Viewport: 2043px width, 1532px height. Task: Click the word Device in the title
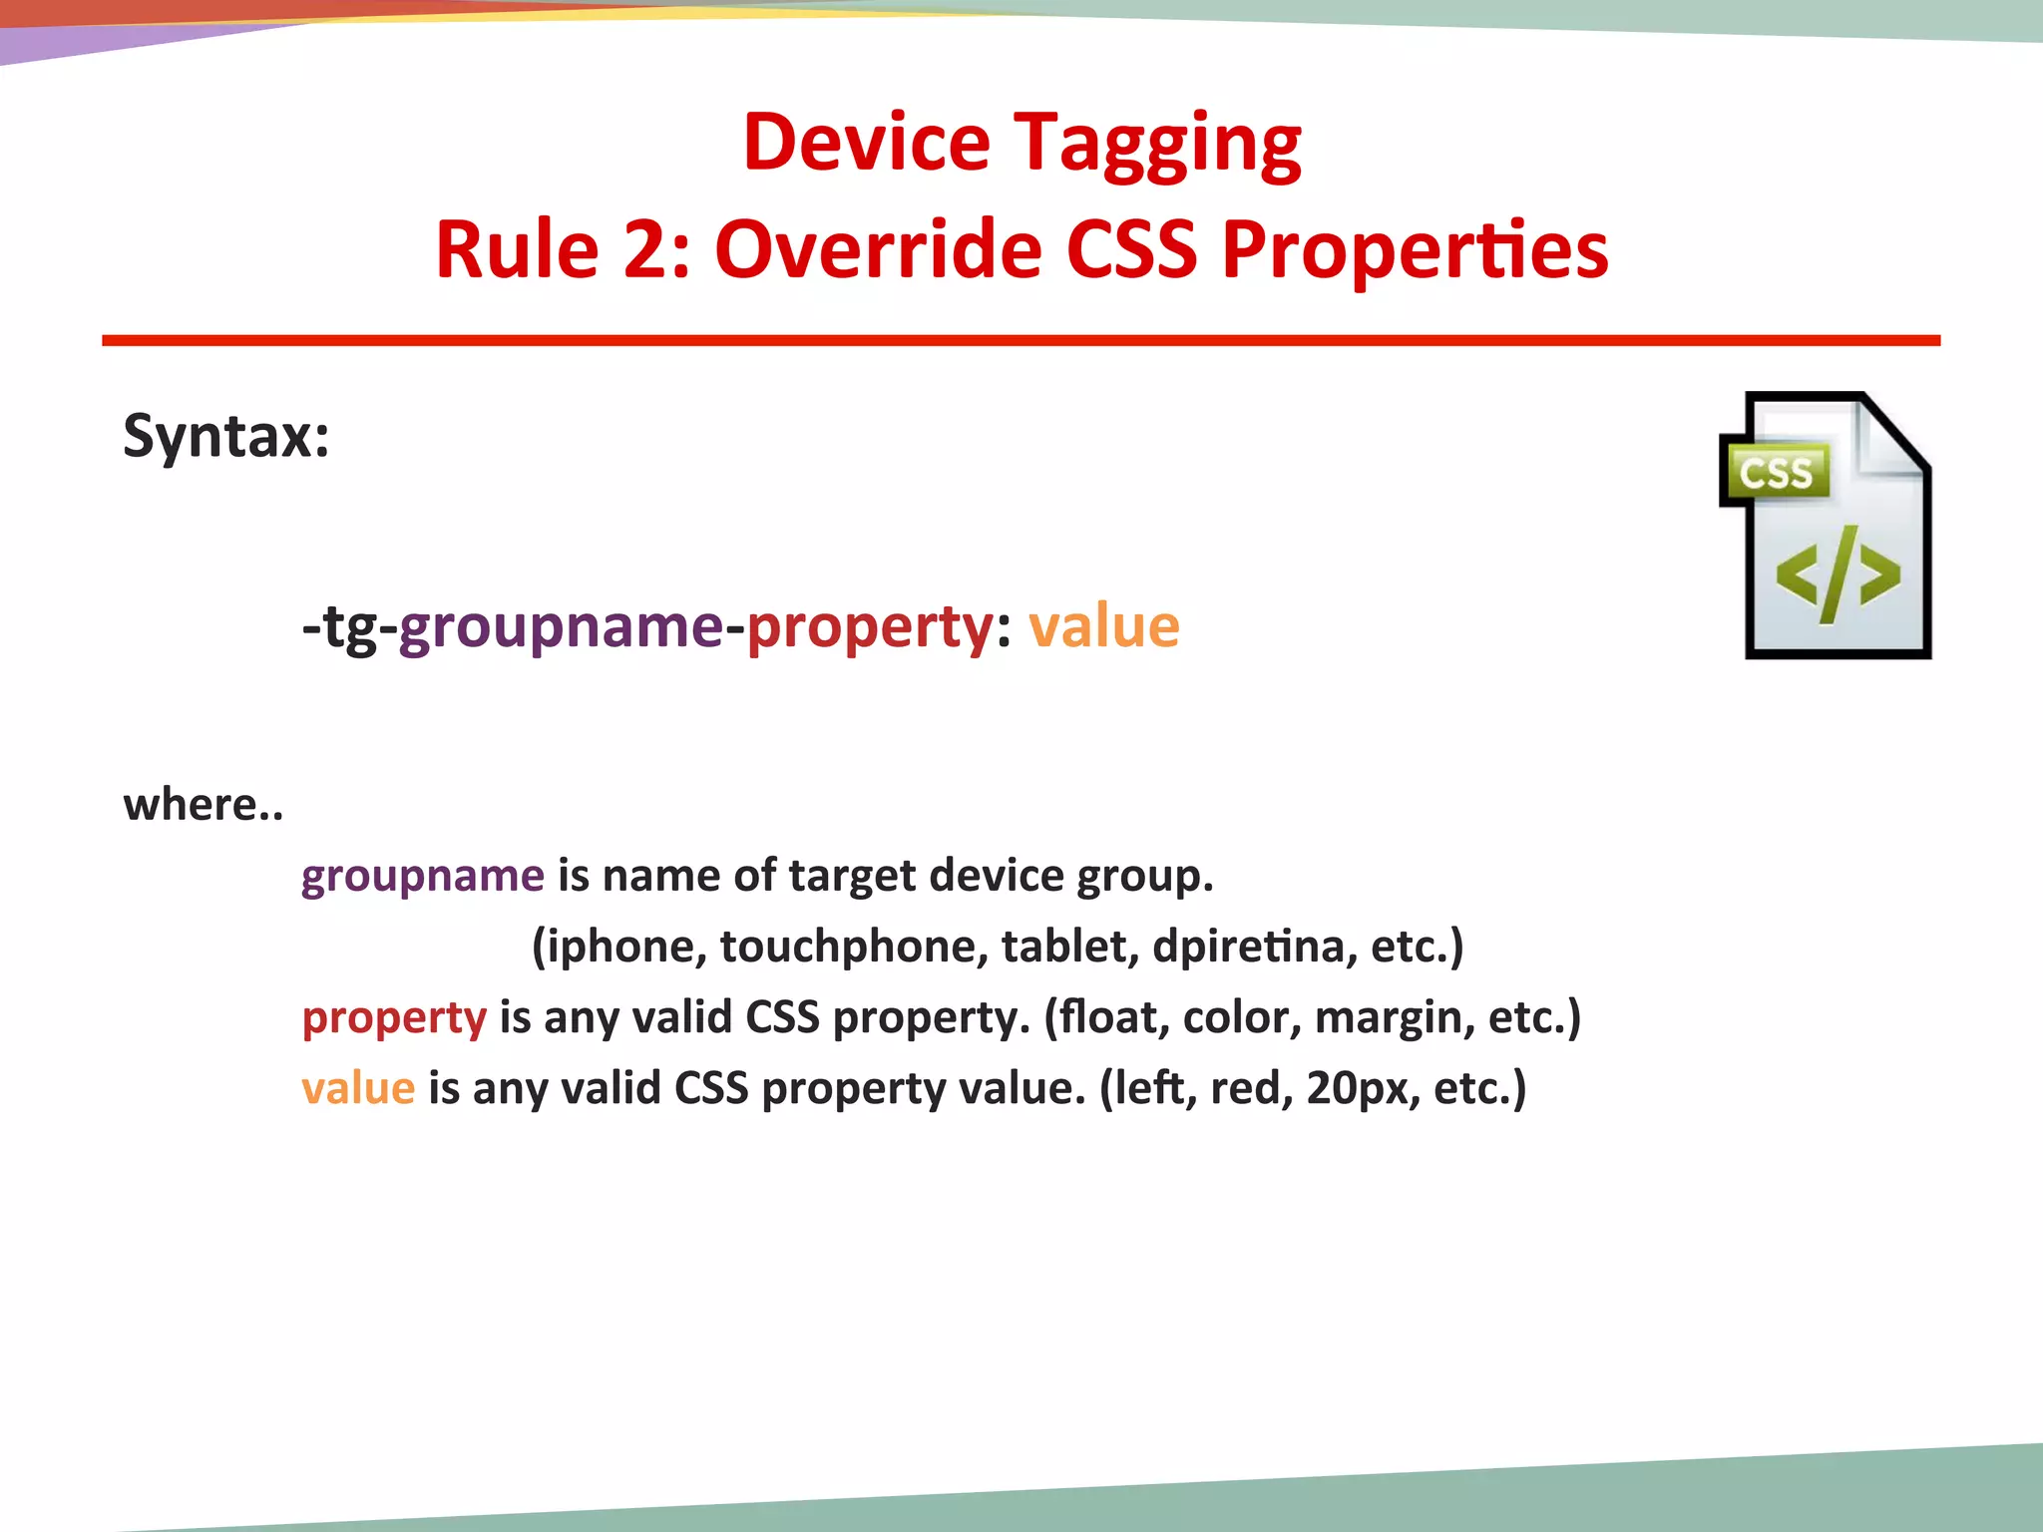pyautogui.click(x=866, y=143)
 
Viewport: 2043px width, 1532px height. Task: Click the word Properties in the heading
pyautogui.click(x=1415, y=251)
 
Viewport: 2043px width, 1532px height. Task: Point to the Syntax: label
pyautogui.click(x=226, y=437)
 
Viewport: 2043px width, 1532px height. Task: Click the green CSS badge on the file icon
pyautogui.click(x=1775, y=473)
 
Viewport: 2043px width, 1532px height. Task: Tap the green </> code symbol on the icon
pyautogui.click(x=1837, y=575)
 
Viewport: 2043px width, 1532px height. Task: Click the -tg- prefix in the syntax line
pyautogui.click(x=349, y=627)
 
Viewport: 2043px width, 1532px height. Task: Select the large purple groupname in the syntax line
pyautogui.click(x=561, y=627)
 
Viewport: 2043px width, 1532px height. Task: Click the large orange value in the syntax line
pyautogui.click(x=1103, y=627)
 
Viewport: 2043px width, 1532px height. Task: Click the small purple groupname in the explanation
pyautogui.click(x=423, y=876)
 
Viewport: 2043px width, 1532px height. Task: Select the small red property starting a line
pyautogui.click(x=394, y=1018)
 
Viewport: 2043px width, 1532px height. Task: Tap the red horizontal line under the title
pyautogui.click(x=1021, y=341)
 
